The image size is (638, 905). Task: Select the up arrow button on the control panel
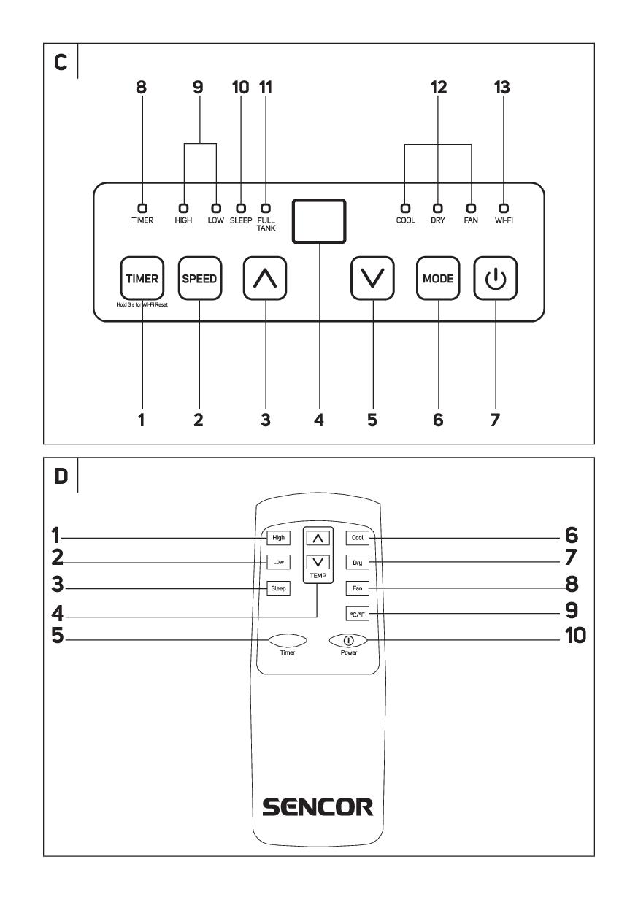coord(265,278)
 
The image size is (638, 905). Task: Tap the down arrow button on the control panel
coord(373,278)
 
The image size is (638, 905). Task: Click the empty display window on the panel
coord(319,221)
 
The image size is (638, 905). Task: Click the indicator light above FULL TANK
coord(265,207)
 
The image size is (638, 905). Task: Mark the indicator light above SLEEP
coord(240,207)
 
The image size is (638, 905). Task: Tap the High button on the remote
coord(278,538)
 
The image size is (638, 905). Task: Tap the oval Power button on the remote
coord(348,639)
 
